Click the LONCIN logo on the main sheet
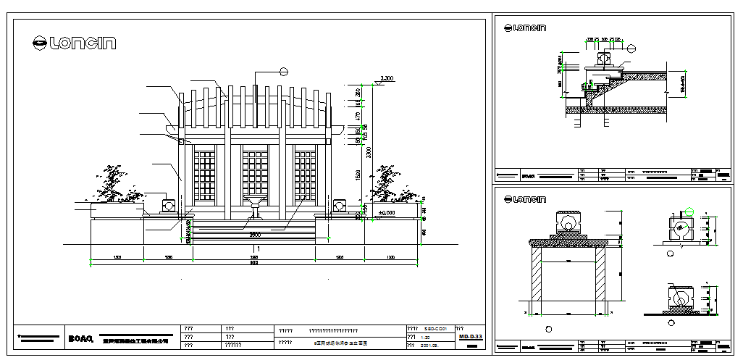point(74,43)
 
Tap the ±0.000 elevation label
point(386,213)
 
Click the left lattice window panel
point(205,175)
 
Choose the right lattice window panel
point(305,175)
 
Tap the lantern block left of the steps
point(169,206)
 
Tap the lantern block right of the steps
point(340,206)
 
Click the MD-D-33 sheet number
point(471,337)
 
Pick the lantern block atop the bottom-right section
point(568,224)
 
